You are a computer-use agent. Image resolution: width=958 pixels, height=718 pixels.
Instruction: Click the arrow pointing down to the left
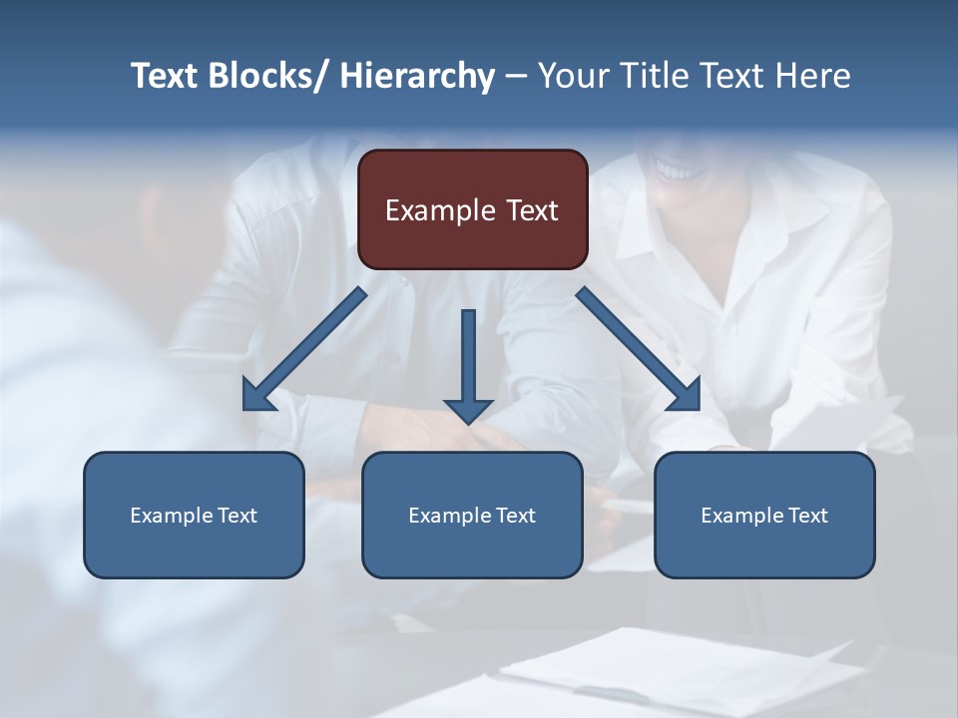(x=304, y=350)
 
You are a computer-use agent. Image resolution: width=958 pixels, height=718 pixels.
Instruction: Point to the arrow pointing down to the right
(x=639, y=349)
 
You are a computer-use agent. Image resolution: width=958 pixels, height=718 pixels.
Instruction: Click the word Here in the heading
(x=814, y=76)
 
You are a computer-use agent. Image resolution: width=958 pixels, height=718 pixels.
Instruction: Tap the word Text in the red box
(x=531, y=210)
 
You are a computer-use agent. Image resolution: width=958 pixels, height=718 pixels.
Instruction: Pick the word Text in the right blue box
(x=807, y=516)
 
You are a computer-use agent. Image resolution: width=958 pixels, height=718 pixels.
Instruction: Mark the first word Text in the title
(x=164, y=76)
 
